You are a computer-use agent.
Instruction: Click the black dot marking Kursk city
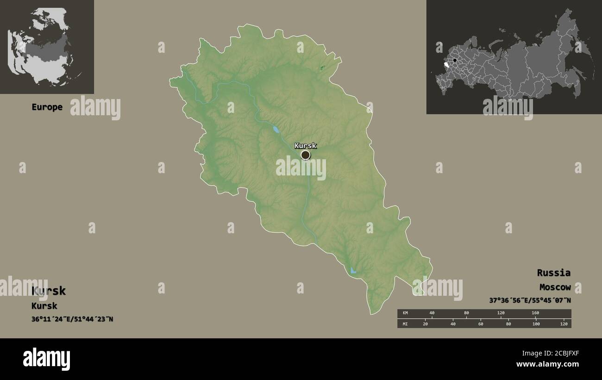(305, 155)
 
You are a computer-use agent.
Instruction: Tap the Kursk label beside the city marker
(305, 145)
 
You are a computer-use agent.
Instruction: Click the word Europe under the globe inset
(47, 107)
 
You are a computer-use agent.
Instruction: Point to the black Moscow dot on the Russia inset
(455, 60)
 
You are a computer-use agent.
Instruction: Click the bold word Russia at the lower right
(553, 273)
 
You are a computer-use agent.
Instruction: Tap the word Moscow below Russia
(555, 287)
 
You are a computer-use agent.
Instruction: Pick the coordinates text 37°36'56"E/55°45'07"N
(530, 300)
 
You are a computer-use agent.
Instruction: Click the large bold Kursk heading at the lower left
(49, 291)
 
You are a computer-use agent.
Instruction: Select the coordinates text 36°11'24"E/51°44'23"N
(72, 319)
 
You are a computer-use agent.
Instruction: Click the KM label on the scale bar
(405, 313)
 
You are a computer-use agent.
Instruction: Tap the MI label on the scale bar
(405, 324)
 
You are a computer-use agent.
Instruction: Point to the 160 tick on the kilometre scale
(535, 313)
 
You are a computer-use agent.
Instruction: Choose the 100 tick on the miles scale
(536, 324)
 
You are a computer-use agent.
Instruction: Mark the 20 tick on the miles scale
(425, 324)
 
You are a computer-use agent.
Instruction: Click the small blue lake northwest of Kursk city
(276, 130)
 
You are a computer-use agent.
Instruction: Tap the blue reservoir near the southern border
(353, 270)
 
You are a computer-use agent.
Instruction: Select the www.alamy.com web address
(548, 364)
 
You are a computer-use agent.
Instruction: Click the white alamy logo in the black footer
(46, 359)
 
